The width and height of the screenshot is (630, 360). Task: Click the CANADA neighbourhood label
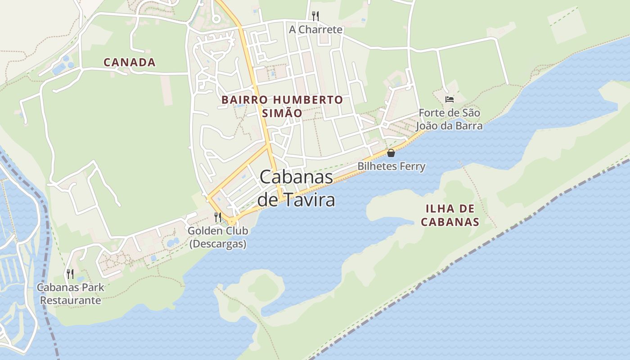[x=130, y=63]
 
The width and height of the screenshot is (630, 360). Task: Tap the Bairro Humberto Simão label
[x=282, y=106]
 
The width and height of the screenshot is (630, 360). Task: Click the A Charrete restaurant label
[x=315, y=30]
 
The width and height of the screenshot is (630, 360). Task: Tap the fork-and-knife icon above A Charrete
[x=315, y=16]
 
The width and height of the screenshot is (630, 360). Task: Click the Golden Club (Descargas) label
[x=218, y=237]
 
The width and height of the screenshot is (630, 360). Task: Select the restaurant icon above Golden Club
[x=218, y=217]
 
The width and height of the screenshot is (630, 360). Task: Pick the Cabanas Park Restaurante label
[x=71, y=293]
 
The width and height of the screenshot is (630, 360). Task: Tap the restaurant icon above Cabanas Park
[x=70, y=274]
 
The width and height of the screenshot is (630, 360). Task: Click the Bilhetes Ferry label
[x=391, y=166]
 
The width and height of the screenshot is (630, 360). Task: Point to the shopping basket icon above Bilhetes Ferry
[x=391, y=153]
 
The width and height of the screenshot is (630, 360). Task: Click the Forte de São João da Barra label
[x=449, y=119]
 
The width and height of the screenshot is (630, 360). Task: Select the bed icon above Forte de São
[x=449, y=99]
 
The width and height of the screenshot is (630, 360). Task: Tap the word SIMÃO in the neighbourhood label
[x=282, y=113]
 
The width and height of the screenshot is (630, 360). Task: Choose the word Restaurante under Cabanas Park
[x=71, y=300]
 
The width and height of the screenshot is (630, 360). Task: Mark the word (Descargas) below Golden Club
[x=218, y=244]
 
